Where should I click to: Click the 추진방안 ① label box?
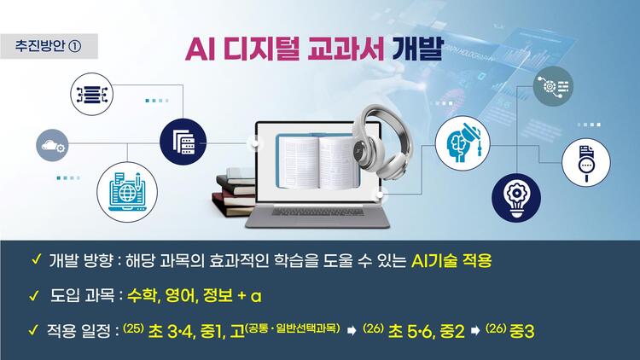point(49,46)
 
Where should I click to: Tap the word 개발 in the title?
point(417,49)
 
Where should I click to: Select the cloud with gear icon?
point(52,145)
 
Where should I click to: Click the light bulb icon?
point(516,198)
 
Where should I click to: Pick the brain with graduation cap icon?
point(463,143)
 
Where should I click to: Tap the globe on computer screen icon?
point(127,192)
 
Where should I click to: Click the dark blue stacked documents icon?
point(183,142)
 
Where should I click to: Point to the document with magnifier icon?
point(586,162)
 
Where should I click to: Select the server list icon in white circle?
point(92,95)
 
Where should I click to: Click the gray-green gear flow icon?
point(553,86)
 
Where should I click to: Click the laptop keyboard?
point(317,212)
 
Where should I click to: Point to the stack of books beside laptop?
point(234,192)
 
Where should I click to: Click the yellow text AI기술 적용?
point(451,261)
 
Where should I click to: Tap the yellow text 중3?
point(521,331)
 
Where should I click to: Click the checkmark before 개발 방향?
point(36,259)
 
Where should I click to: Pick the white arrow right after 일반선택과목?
point(352,331)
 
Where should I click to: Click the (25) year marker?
point(132,328)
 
